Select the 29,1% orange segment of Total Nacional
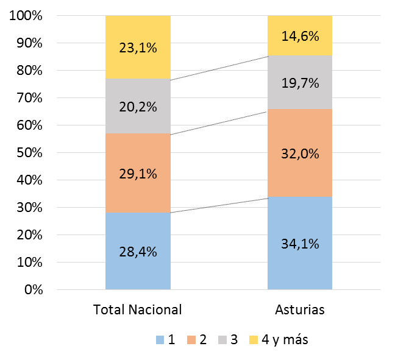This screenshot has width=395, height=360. [138, 173]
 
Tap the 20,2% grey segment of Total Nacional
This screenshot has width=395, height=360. [138, 107]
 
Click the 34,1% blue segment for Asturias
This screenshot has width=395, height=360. [300, 243]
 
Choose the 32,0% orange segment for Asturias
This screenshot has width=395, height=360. [300, 154]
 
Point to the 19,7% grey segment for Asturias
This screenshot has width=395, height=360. [300, 82]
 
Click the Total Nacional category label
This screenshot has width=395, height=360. [138, 309]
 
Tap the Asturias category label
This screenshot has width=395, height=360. [300, 309]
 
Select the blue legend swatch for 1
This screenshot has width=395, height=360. [160, 340]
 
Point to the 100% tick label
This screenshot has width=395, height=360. [26, 16]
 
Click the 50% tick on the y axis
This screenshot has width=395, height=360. [29, 153]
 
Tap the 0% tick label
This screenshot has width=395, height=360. [32, 290]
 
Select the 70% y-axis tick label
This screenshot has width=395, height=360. [29, 98]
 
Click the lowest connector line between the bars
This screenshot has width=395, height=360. [219, 205]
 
